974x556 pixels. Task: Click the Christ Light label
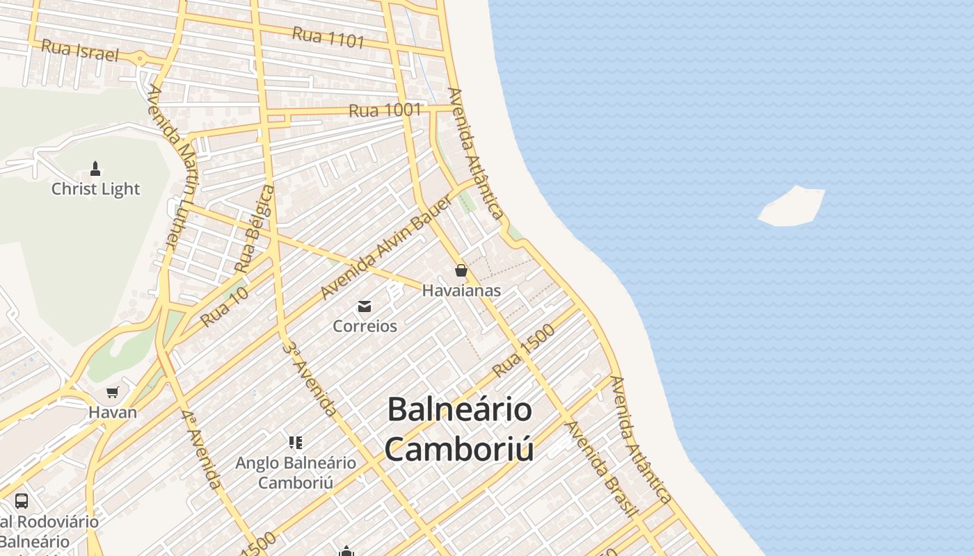95,189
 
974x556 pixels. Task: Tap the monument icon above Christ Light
95,168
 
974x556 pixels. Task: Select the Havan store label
113,412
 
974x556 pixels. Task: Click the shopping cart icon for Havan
113,393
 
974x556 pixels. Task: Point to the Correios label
365,326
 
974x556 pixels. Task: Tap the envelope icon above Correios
365,306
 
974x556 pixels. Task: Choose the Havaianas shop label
461,291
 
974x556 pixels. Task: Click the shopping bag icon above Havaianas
461,270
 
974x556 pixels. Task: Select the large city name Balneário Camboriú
460,429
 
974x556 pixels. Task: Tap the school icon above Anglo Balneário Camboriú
296,443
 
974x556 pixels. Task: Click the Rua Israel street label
80,50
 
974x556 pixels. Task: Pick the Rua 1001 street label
385,111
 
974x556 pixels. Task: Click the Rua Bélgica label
255,229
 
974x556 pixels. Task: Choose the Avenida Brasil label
602,468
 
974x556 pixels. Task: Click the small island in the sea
791,206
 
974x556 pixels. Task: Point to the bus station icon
22,501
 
